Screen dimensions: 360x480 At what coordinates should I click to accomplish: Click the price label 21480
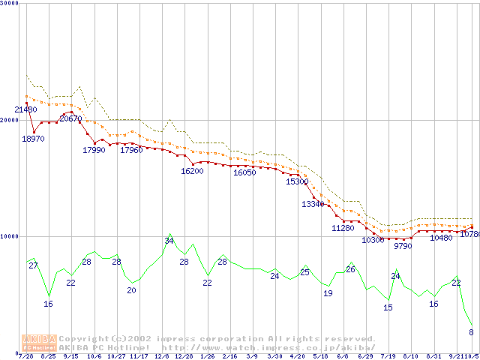click(x=25, y=109)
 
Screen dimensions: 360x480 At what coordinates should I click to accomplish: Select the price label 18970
click(x=33, y=139)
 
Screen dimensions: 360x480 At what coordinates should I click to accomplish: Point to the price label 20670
click(x=70, y=118)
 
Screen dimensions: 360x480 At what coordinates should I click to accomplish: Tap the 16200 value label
click(x=192, y=171)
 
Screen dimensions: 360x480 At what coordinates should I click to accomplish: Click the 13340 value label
click(x=313, y=204)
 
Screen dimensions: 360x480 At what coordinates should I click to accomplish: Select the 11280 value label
click(x=343, y=228)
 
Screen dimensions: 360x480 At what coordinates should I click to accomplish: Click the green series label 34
click(x=169, y=241)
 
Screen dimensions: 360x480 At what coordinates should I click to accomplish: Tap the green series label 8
click(x=471, y=331)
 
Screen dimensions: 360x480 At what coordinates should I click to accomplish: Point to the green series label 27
click(x=33, y=265)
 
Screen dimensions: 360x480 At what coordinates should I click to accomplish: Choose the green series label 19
click(x=328, y=293)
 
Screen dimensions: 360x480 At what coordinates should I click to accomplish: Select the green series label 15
click(x=388, y=307)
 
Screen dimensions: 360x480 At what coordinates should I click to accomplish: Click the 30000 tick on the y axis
click(x=9, y=4)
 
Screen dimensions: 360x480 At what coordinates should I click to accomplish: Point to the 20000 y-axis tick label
click(x=9, y=120)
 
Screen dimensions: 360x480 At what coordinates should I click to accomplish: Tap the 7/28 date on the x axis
click(x=25, y=356)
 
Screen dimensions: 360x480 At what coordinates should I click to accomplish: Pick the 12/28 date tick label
click(x=184, y=356)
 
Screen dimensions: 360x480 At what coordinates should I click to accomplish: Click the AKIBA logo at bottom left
click(x=39, y=343)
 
